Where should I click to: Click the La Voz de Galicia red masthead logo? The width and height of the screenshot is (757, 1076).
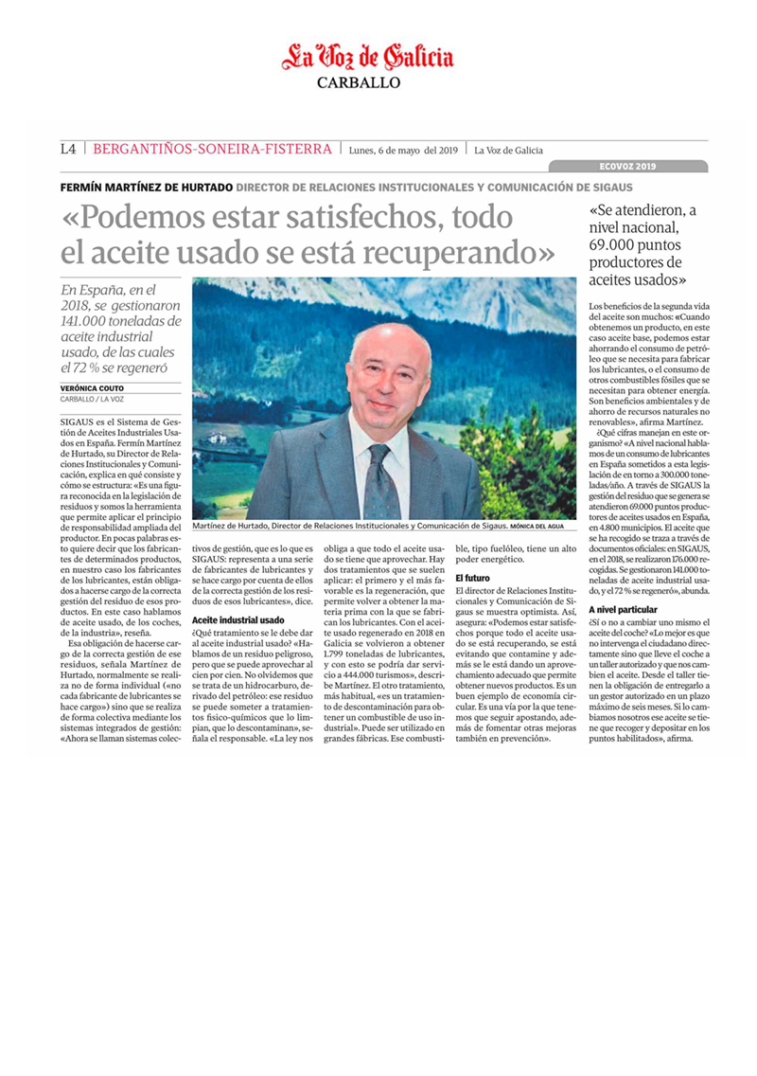(x=368, y=58)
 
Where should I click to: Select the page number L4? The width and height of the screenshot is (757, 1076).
(x=67, y=149)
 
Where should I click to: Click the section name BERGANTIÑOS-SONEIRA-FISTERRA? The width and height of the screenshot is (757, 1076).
(x=212, y=149)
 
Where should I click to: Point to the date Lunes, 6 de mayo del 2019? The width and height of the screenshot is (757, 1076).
(x=403, y=150)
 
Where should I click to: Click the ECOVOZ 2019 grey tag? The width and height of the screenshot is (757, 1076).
(x=627, y=166)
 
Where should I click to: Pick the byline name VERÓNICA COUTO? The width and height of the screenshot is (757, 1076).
(x=90, y=388)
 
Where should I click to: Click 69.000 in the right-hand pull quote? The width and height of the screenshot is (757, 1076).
(x=616, y=244)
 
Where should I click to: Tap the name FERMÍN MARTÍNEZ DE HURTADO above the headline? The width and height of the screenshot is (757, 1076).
(x=145, y=187)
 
